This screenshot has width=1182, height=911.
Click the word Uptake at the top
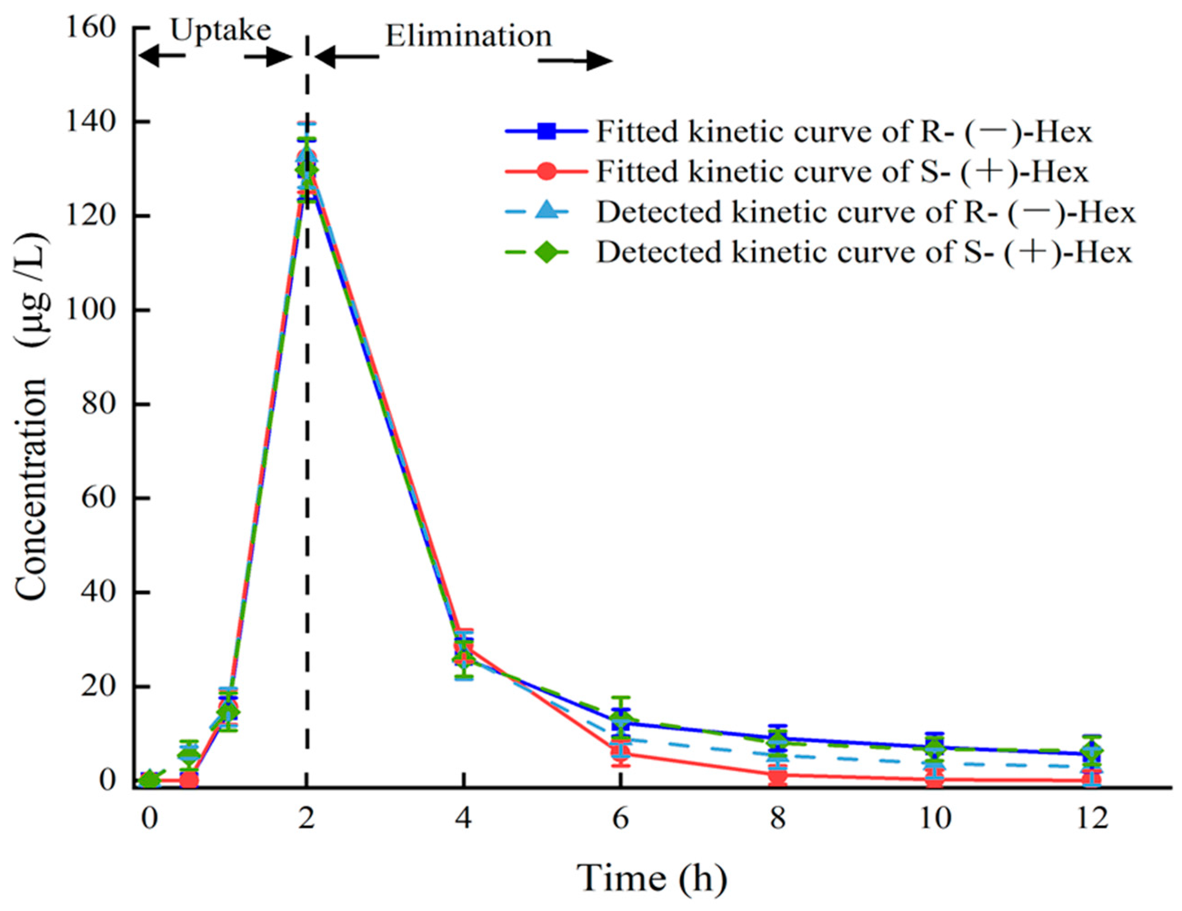[x=221, y=30]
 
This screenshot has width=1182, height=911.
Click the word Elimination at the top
[x=468, y=36]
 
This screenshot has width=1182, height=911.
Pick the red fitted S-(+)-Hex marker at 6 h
[x=621, y=751]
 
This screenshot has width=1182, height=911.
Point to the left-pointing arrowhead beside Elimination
[x=325, y=57]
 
